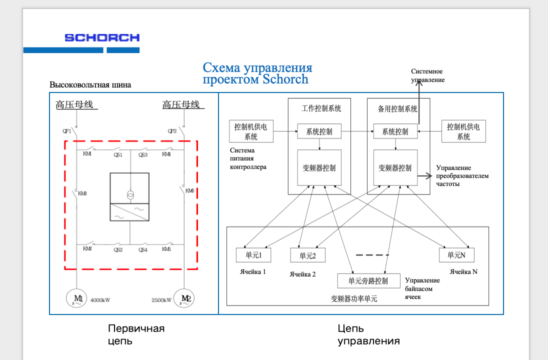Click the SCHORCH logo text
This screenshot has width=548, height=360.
(102, 37)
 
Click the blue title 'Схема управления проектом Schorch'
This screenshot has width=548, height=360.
(257, 73)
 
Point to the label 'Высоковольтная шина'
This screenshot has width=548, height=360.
(90, 84)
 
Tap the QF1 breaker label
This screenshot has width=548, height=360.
(67, 131)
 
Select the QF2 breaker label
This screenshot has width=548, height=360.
(172, 131)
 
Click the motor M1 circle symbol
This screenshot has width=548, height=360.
(76, 298)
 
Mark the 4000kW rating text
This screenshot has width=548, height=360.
(100, 300)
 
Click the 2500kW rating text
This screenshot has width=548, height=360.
(161, 300)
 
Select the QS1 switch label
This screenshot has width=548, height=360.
(118, 155)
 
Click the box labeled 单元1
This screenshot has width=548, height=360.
(253, 255)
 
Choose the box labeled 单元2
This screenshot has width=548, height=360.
(307, 255)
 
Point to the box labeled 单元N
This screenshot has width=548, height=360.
(456, 255)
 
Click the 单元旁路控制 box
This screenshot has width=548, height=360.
(368, 281)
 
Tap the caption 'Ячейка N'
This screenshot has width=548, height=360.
(463, 272)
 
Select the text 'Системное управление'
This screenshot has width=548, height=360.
(427, 75)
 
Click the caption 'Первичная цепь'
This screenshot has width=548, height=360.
(136, 334)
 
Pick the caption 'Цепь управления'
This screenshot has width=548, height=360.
(368, 334)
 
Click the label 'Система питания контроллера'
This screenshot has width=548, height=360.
(248, 158)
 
